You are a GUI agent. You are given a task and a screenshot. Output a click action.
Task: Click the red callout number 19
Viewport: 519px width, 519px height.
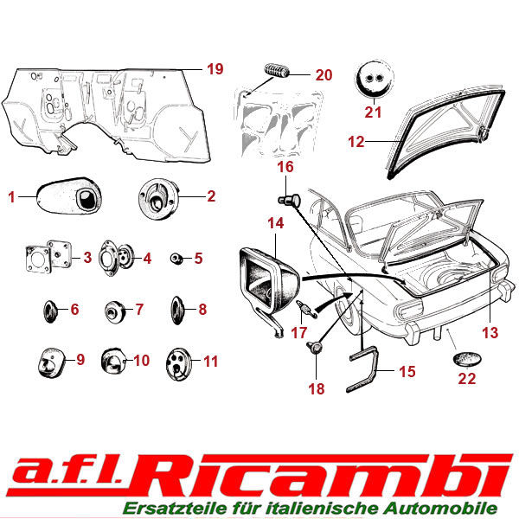215,69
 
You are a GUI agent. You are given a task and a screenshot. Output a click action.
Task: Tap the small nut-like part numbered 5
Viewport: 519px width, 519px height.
175,258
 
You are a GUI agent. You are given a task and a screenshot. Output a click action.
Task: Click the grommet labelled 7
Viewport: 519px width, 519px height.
112,309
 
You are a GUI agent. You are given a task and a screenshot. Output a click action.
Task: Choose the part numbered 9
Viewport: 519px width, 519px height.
52,360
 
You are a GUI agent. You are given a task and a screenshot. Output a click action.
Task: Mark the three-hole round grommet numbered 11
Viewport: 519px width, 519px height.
177,362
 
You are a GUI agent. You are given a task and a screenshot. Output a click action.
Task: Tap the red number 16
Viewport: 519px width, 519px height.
286,167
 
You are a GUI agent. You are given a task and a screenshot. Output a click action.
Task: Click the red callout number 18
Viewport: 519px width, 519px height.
317,389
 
